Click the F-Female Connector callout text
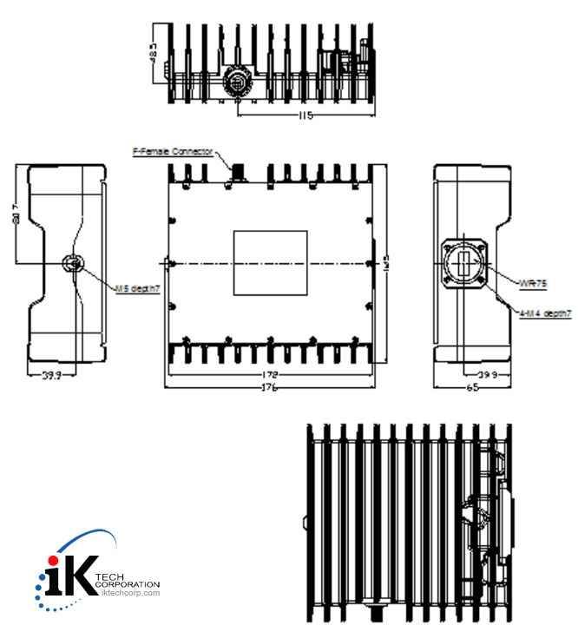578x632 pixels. click(172, 152)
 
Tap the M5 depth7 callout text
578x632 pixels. click(138, 286)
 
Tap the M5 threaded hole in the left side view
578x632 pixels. click(73, 264)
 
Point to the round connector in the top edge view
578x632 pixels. click(236, 82)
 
